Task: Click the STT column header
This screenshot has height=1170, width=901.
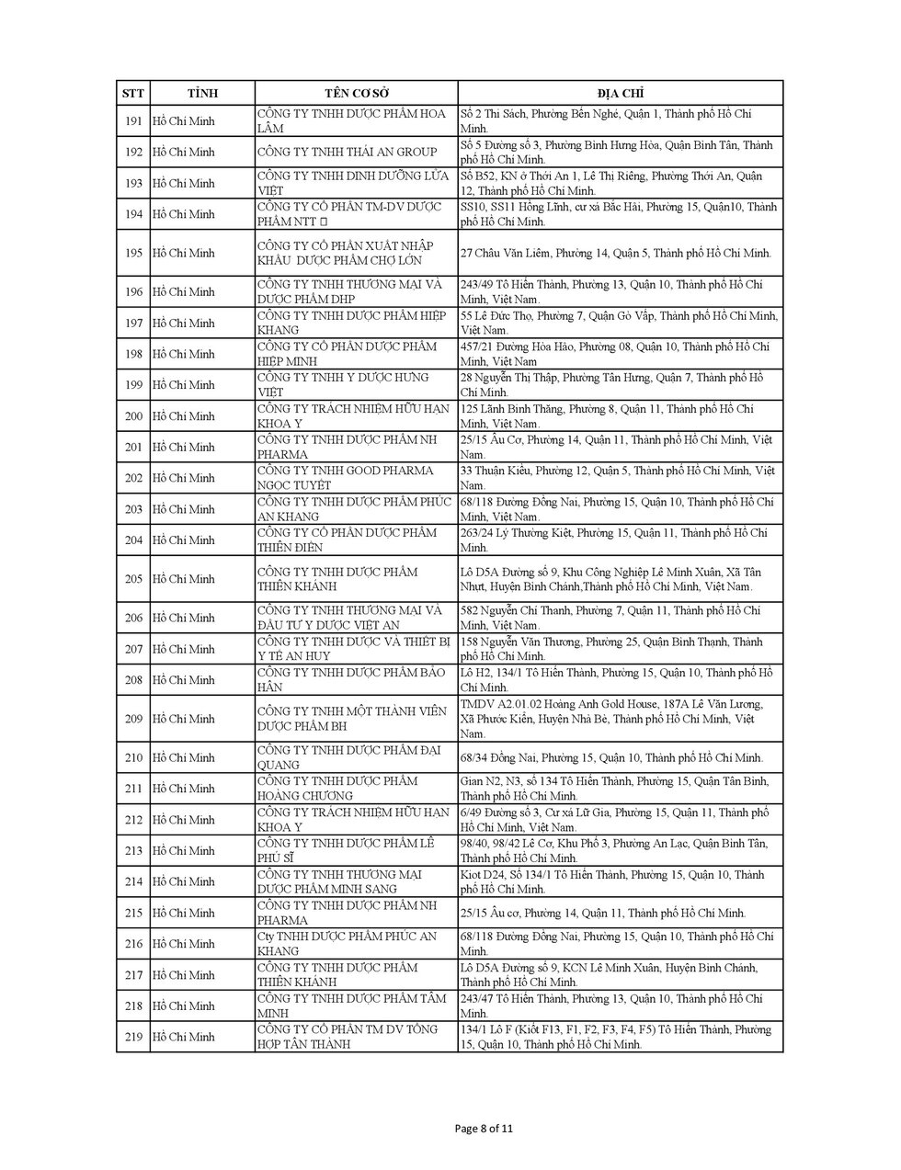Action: [133, 94]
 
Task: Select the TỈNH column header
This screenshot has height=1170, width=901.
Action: [202, 94]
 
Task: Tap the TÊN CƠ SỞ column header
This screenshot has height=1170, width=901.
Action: [356, 94]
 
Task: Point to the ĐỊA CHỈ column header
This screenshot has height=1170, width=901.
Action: [621, 94]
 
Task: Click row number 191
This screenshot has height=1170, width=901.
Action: [133, 120]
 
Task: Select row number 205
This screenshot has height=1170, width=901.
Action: [133, 579]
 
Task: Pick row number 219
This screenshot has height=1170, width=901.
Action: [133, 1037]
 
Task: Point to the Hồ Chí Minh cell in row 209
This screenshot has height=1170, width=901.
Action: [184, 719]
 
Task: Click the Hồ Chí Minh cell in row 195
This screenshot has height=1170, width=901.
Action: [184, 253]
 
